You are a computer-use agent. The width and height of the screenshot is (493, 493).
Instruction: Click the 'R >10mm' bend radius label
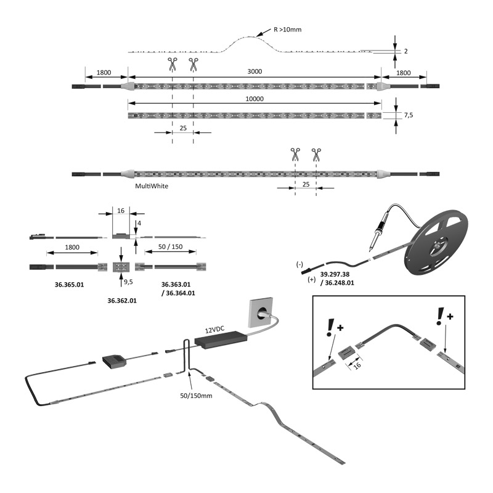coord(288,29)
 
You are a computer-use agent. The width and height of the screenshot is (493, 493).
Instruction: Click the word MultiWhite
coord(152,185)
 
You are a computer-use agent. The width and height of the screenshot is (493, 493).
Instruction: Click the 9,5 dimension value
coord(128,282)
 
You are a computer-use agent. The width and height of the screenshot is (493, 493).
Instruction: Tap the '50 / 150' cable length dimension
coord(171,246)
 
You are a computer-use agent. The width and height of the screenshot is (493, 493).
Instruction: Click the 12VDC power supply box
coord(220,338)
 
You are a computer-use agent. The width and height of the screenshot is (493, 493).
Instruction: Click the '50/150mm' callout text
coord(196,394)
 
